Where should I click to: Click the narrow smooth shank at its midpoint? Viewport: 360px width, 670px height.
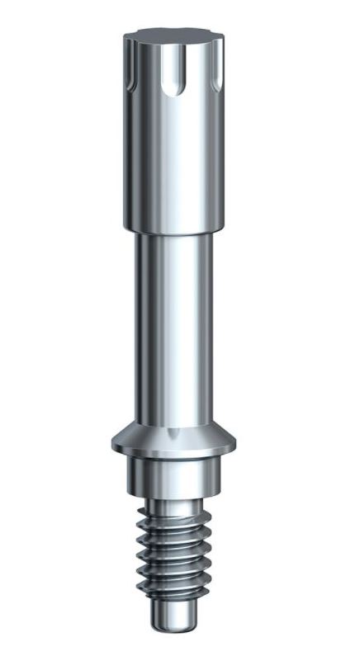[173, 330]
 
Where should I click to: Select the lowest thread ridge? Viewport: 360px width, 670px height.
[175, 592]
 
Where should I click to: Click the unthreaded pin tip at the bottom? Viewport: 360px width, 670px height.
[175, 615]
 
